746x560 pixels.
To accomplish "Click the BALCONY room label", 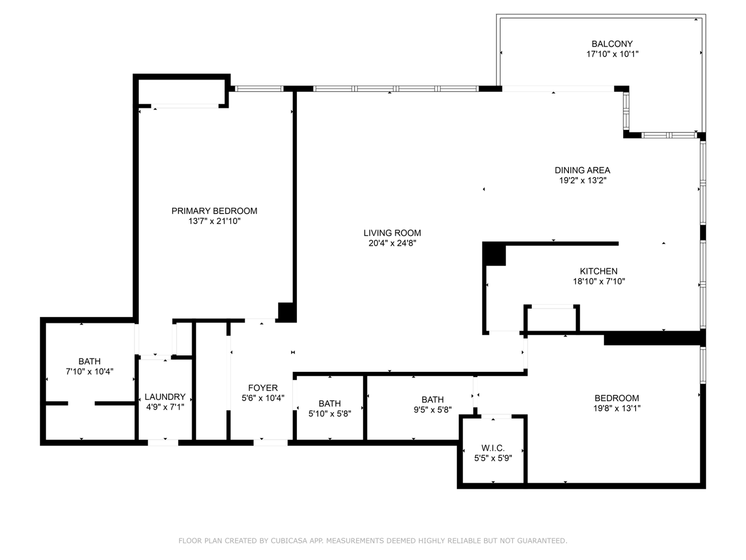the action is pos(612,44).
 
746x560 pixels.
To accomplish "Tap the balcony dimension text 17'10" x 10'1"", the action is pos(612,54).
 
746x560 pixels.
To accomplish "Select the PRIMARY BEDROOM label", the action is pos(214,211).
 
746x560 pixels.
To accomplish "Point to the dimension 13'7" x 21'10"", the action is pos(214,222).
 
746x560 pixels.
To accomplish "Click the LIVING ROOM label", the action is pos(392,233).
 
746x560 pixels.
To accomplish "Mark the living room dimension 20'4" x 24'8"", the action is pos(392,243).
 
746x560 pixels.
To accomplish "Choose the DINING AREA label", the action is pos(582,170).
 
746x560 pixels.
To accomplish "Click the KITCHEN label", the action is pos(598,271).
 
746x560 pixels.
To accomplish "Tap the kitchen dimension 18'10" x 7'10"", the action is pos(599,282).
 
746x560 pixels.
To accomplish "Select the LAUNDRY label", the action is pos(165,397).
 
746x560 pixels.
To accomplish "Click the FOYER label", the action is pos(263,388).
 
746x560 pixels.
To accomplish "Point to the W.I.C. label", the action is pos(493,448).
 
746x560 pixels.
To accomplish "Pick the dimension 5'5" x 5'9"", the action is pos(493,458).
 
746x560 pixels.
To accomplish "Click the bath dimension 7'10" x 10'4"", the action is pos(90,371).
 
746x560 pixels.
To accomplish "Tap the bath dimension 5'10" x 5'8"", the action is pos(330,414).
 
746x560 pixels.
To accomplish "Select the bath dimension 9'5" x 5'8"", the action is pos(432,410).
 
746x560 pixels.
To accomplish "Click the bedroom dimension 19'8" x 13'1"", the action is pos(617,408).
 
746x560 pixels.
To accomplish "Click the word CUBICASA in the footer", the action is pos(287,541).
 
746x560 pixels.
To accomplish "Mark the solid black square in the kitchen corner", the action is pos(494,254).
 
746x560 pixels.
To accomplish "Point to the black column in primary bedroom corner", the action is pos(286,311).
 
